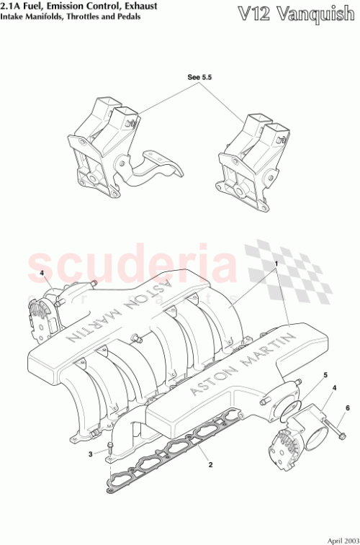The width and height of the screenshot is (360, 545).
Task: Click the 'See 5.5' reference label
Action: point(198,75)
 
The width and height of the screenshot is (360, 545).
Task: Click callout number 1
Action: point(276,264)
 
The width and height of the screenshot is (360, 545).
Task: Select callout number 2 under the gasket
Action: point(210,466)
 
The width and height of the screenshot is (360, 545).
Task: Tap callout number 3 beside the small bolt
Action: point(91,454)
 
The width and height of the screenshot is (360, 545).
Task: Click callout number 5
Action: point(325,376)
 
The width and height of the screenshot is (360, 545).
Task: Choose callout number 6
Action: point(347,408)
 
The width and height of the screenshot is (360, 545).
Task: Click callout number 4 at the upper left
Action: point(42,273)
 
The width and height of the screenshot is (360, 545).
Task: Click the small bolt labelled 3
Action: point(109,451)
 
